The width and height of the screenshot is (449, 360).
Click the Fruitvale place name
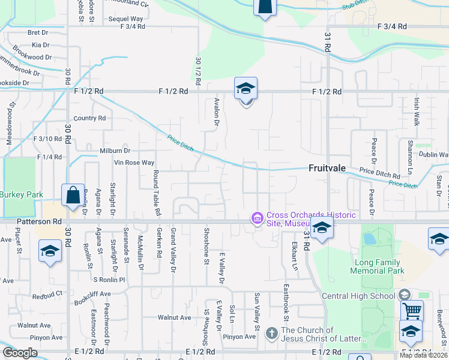(x=327, y=168)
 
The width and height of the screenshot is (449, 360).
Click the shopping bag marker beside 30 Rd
(x=73, y=195)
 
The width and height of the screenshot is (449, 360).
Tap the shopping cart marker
(x=412, y=311)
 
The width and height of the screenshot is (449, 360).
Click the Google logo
(x=20, y=353)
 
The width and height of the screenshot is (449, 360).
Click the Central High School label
(x=359, y=296)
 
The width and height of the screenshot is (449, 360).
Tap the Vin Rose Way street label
(x=134, y=163)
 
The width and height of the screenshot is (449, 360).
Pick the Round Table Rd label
(x=157, y=193)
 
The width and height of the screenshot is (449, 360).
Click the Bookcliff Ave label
(x=93, y=294)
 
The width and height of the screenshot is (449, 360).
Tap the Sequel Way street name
(x=125, y=19)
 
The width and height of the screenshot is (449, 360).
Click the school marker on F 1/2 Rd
(x=246, y=89)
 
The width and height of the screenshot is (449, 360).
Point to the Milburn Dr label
(x=107, y=150)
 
